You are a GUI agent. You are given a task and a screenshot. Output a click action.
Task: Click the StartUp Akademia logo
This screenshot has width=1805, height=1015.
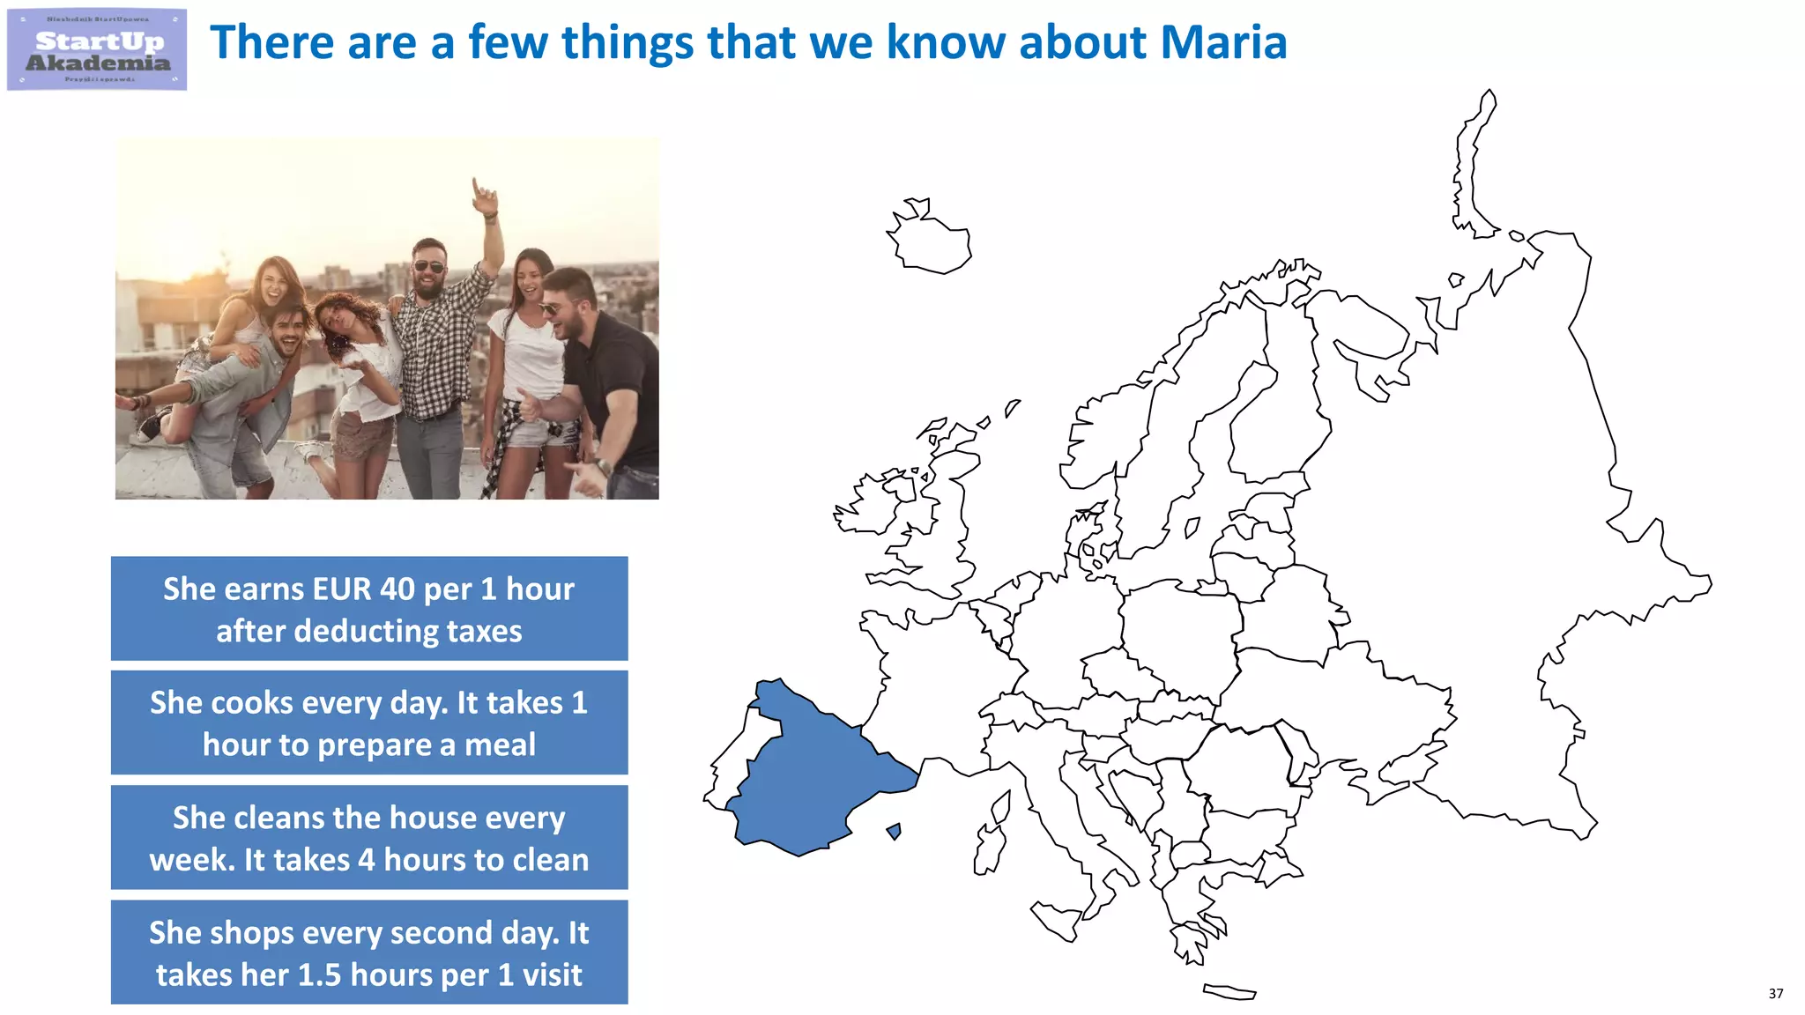click(97, 49)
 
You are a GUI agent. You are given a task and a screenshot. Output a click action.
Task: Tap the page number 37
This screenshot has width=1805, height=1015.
click(1775, 993)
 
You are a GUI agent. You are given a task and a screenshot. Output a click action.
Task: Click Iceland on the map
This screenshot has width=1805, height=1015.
click(930, 238)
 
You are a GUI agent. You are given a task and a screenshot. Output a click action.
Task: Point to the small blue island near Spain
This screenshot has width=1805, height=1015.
click(895, 831)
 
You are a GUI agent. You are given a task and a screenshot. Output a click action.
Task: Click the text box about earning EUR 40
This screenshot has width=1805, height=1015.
click(369, 608)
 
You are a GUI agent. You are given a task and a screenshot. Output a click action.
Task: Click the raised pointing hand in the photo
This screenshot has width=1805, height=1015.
click(482, 196)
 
